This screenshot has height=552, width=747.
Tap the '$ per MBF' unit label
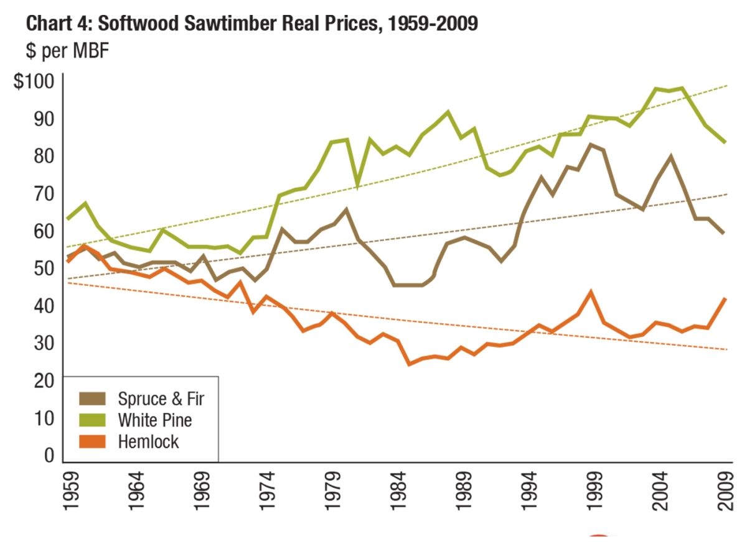pyautogui.click(x=67, y=52)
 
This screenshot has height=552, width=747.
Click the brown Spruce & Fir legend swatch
pyautogui.click(x=92, y=398)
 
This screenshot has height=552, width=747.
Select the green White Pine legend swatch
pyautogui.click(x=92, y=420)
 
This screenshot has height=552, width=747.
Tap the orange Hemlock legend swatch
pyautogui.click(x=92, y=442)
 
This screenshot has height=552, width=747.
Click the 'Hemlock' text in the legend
pyautogui.click(x=148, y=442)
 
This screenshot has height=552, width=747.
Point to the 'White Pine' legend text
pyautogui.click(x=155, y=420)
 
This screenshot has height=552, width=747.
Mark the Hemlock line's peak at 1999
pyautogui.click(x=591, y=292)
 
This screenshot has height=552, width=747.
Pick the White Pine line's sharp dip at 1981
pyautogui.click(x=357, y=185)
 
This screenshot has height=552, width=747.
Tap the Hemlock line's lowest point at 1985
pyautogui.click(x=409, y=363)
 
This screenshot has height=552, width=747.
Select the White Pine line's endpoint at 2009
pyautogui.click(x=725, y=142)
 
